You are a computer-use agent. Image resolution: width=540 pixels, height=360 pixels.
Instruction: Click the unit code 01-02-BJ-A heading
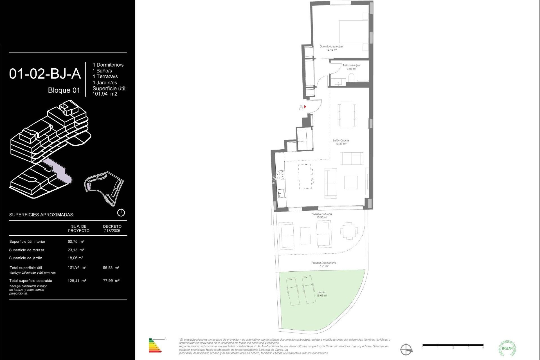click(x=45, y=74)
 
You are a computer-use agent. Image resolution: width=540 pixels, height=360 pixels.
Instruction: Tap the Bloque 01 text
click(x=64, y=90)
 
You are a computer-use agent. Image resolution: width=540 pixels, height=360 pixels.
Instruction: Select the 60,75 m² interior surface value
click(x=76, y=242)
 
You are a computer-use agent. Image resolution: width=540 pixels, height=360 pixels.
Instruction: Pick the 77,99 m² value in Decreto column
click(x=111, y=281)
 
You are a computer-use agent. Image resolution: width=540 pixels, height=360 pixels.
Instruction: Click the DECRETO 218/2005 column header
click(x=112, y=228)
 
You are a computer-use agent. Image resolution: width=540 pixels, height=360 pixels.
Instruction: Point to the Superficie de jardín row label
click(x=26, y=258)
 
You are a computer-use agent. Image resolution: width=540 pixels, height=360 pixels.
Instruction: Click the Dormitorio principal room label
click(x=331, y=48)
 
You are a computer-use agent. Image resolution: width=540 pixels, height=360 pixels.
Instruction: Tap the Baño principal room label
click(x=351, y=67)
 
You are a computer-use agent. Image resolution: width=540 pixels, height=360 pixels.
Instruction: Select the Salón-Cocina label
click(x=341, y=142)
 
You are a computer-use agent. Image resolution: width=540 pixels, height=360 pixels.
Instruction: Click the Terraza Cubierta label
click(x=321, y=216)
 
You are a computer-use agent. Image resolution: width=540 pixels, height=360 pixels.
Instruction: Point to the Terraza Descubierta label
click(x=323, y=264)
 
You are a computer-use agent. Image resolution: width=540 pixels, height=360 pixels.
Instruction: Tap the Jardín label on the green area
click(x=321, y=294)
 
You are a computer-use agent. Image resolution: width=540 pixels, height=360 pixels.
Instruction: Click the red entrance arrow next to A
click(x=305, y=107)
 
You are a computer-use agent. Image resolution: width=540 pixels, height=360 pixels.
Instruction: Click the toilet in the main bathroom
click(x=351, y=78)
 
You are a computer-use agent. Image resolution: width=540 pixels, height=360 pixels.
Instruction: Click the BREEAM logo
click(x=507, y=348)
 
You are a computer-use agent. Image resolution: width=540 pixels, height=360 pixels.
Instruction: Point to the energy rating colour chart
click(x=155, y=346)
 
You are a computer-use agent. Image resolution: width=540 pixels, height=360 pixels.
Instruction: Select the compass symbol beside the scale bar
click(x=406, y=350)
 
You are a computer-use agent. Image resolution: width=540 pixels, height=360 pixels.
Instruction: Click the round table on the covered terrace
click(x=349, y=231)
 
